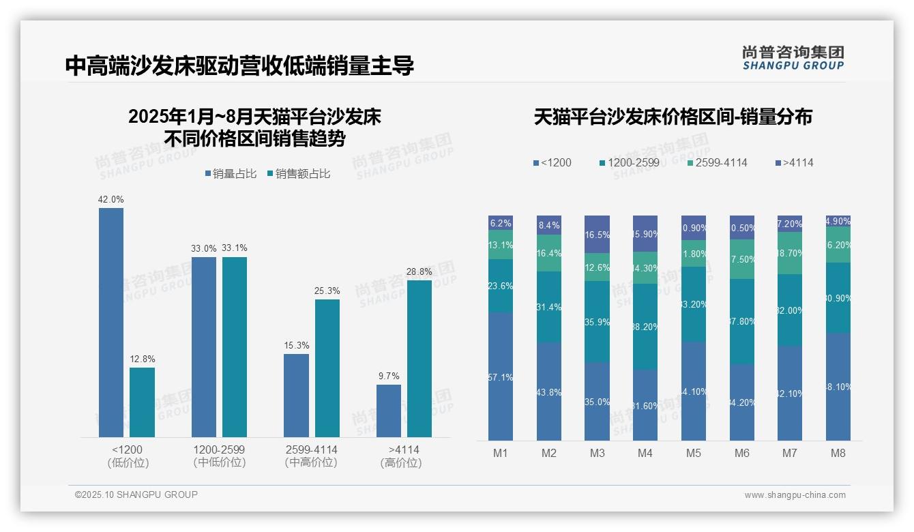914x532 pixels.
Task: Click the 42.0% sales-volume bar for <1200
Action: pos(111,322)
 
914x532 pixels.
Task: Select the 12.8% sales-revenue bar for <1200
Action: pos(142,402)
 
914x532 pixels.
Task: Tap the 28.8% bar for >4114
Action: pos(419,358)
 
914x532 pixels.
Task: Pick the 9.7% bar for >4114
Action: pos(389,411)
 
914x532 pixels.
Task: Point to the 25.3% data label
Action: pos(327,291)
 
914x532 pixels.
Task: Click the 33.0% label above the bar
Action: pos(203,249)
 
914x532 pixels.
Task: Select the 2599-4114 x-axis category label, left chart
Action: pos(311,456)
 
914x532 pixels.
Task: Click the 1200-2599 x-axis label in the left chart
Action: pos(219,456)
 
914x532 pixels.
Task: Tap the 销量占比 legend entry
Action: pos(230,174)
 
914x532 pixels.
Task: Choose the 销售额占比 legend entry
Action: pos(298,174)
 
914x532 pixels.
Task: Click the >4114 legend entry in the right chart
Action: pos(794,163)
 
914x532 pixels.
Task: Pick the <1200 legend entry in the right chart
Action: pos(552,163)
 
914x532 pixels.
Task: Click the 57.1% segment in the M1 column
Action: pos(501,376)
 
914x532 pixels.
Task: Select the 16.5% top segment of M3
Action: pos(597,234)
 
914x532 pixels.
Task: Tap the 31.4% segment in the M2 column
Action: pos(548,307)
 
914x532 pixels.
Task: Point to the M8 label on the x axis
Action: pos(838,454)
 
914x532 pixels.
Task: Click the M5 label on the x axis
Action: pos(694,454)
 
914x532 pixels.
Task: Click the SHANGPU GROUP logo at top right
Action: pos(793,58)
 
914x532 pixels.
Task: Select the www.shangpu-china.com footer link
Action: pos(795,495)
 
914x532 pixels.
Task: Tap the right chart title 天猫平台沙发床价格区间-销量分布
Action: pos(673,117)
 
